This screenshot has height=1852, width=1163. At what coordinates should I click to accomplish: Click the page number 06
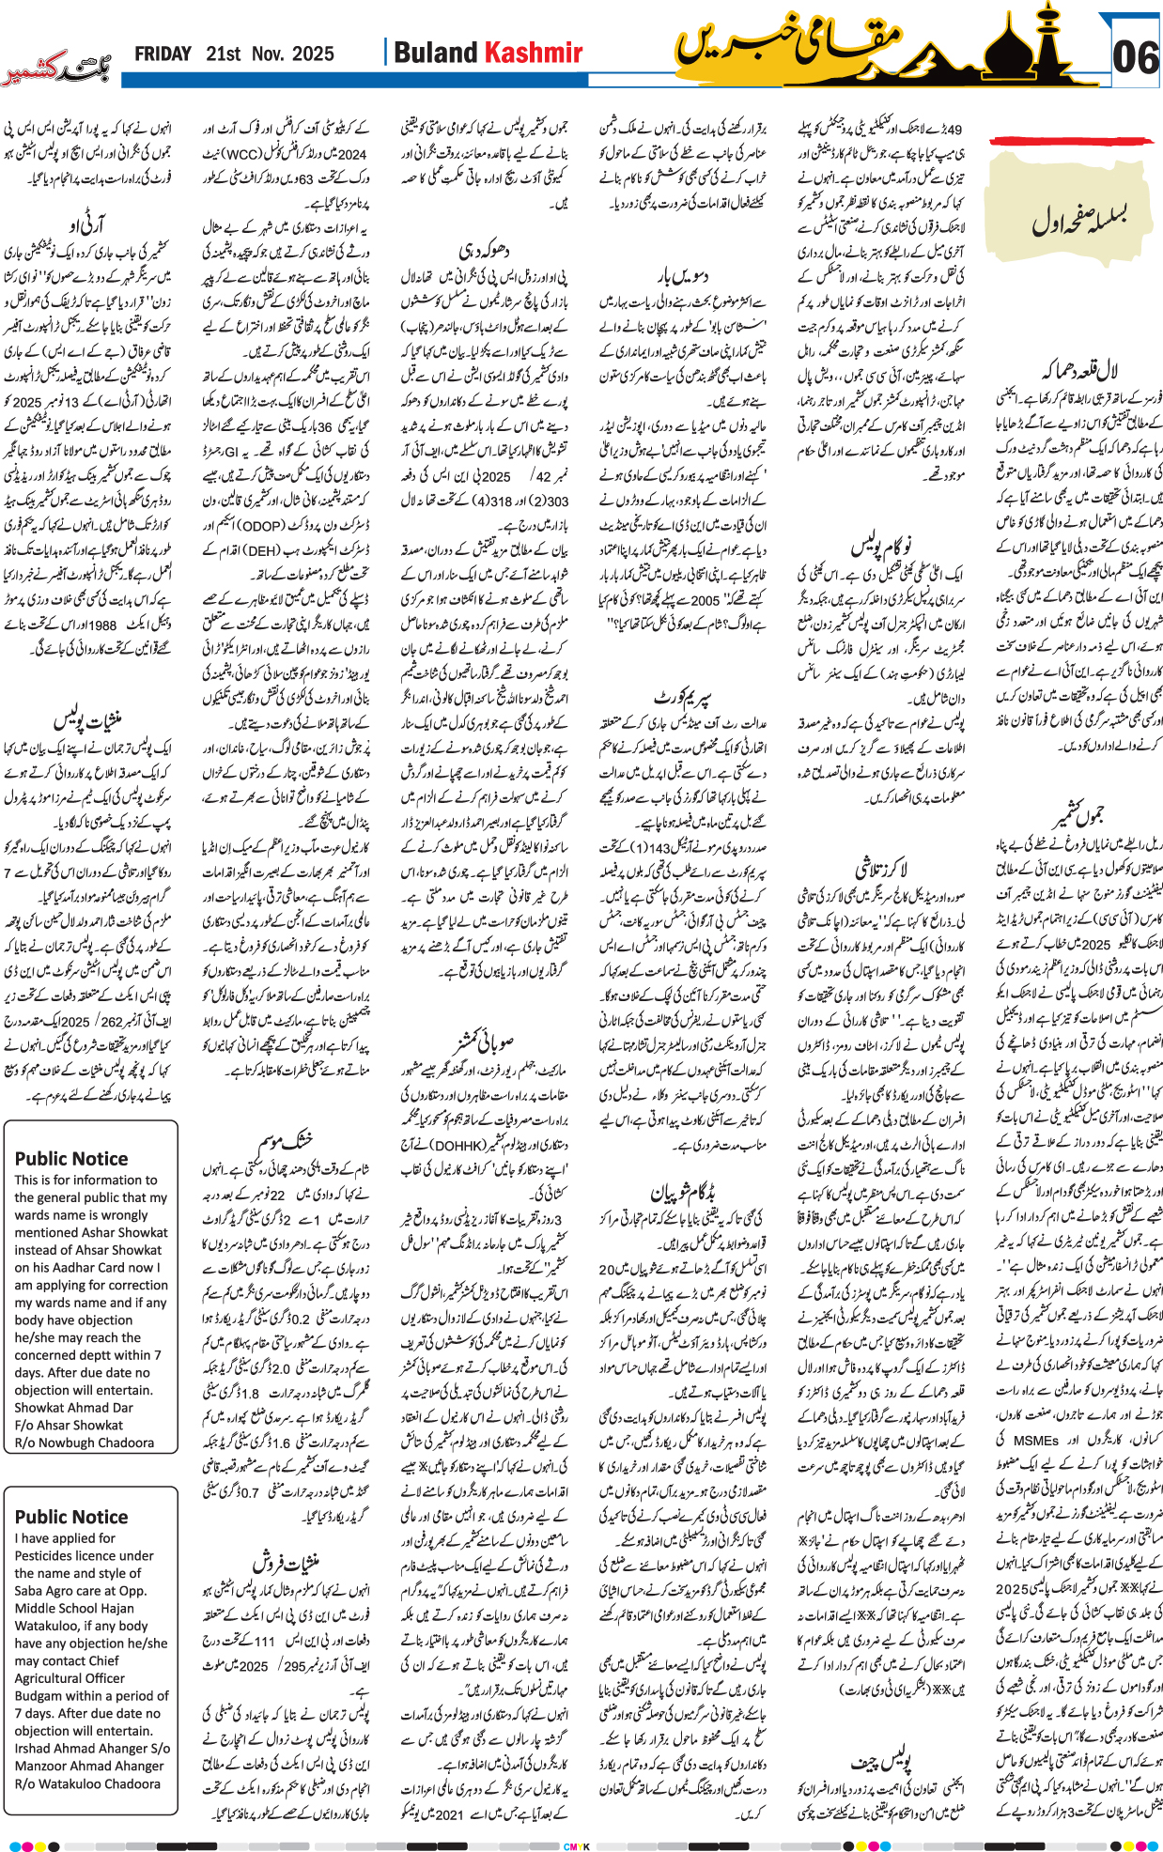1135,58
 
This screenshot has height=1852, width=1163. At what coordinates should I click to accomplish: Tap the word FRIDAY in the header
163,54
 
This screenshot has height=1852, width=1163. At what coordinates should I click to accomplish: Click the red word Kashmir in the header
533,54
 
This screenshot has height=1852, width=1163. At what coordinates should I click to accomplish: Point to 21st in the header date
223,54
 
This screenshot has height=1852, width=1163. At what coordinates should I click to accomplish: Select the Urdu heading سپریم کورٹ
682,698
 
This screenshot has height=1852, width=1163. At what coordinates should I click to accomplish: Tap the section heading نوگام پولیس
880,547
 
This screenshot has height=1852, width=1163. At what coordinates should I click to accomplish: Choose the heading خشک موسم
286,1141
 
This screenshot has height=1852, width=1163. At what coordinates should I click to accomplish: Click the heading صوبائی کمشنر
483,1042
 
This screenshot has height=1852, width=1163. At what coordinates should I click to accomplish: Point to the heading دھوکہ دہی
483,251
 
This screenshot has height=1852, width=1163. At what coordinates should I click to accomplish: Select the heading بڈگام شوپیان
682,1193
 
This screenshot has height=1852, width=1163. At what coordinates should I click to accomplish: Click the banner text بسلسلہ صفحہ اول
1078,220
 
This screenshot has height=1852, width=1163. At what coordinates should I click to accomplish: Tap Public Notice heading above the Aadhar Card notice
71,1159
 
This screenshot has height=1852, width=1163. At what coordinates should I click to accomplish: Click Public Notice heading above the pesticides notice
71,1517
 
